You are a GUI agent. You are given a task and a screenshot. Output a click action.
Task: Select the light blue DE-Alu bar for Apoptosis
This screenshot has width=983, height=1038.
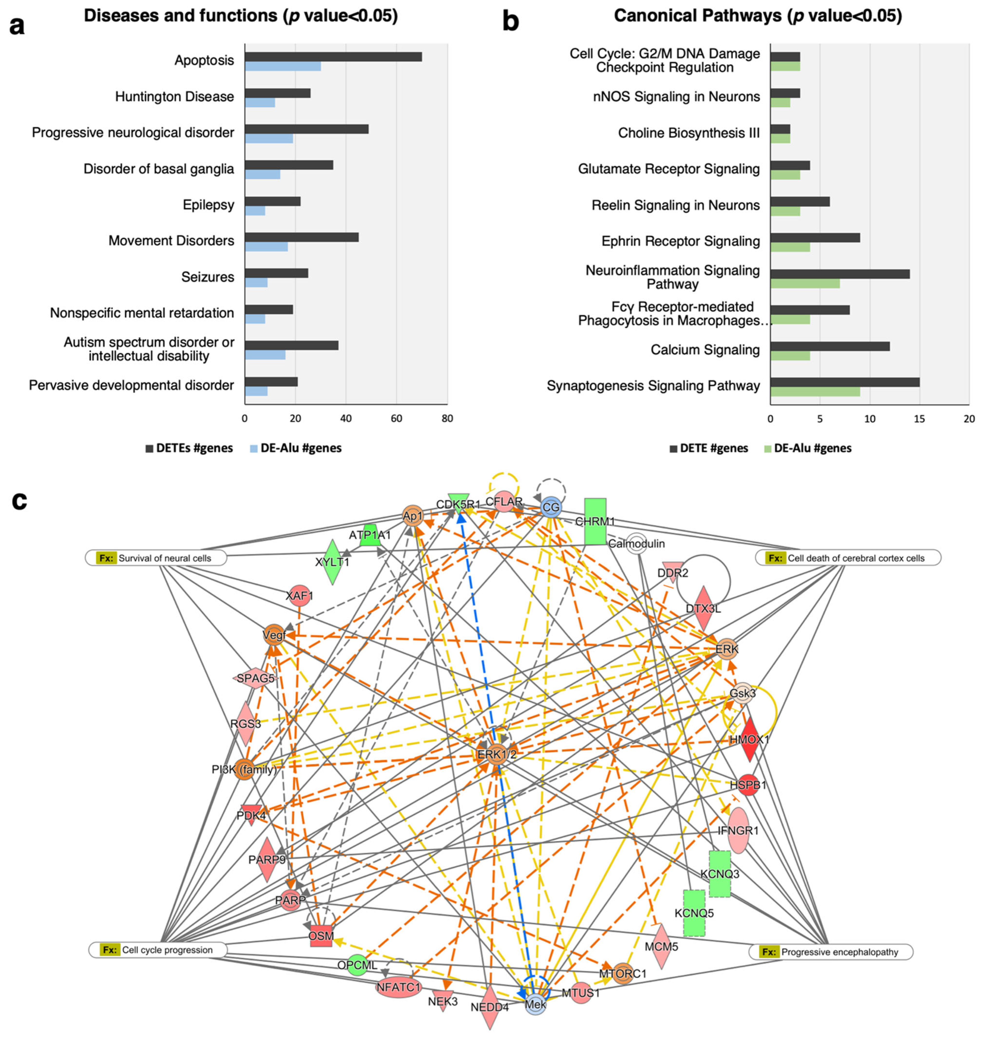point(283,67)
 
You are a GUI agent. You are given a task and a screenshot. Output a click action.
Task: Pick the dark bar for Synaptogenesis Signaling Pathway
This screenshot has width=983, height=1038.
point(845,382)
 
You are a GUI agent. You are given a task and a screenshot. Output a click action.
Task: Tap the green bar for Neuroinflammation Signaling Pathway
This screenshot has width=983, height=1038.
point(805,283)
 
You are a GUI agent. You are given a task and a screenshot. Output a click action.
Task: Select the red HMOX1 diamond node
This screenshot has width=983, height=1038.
point(750,739)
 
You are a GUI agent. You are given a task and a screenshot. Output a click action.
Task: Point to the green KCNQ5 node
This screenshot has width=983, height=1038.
point(694,913)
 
